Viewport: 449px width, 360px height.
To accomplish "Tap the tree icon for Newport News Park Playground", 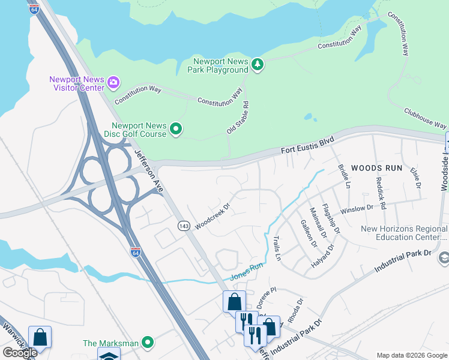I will click(258, 64).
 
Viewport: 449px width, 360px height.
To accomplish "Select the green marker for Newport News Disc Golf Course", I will click(176, 128).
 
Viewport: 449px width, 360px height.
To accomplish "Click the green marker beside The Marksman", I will click(148, 343).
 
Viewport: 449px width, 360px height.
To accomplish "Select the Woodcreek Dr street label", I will click(213, 214).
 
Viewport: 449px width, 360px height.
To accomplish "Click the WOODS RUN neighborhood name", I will click(376, 168).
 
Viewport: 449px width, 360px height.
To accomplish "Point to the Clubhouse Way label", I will click(426, 118).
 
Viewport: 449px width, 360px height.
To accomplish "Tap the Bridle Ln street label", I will click(343, 176).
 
